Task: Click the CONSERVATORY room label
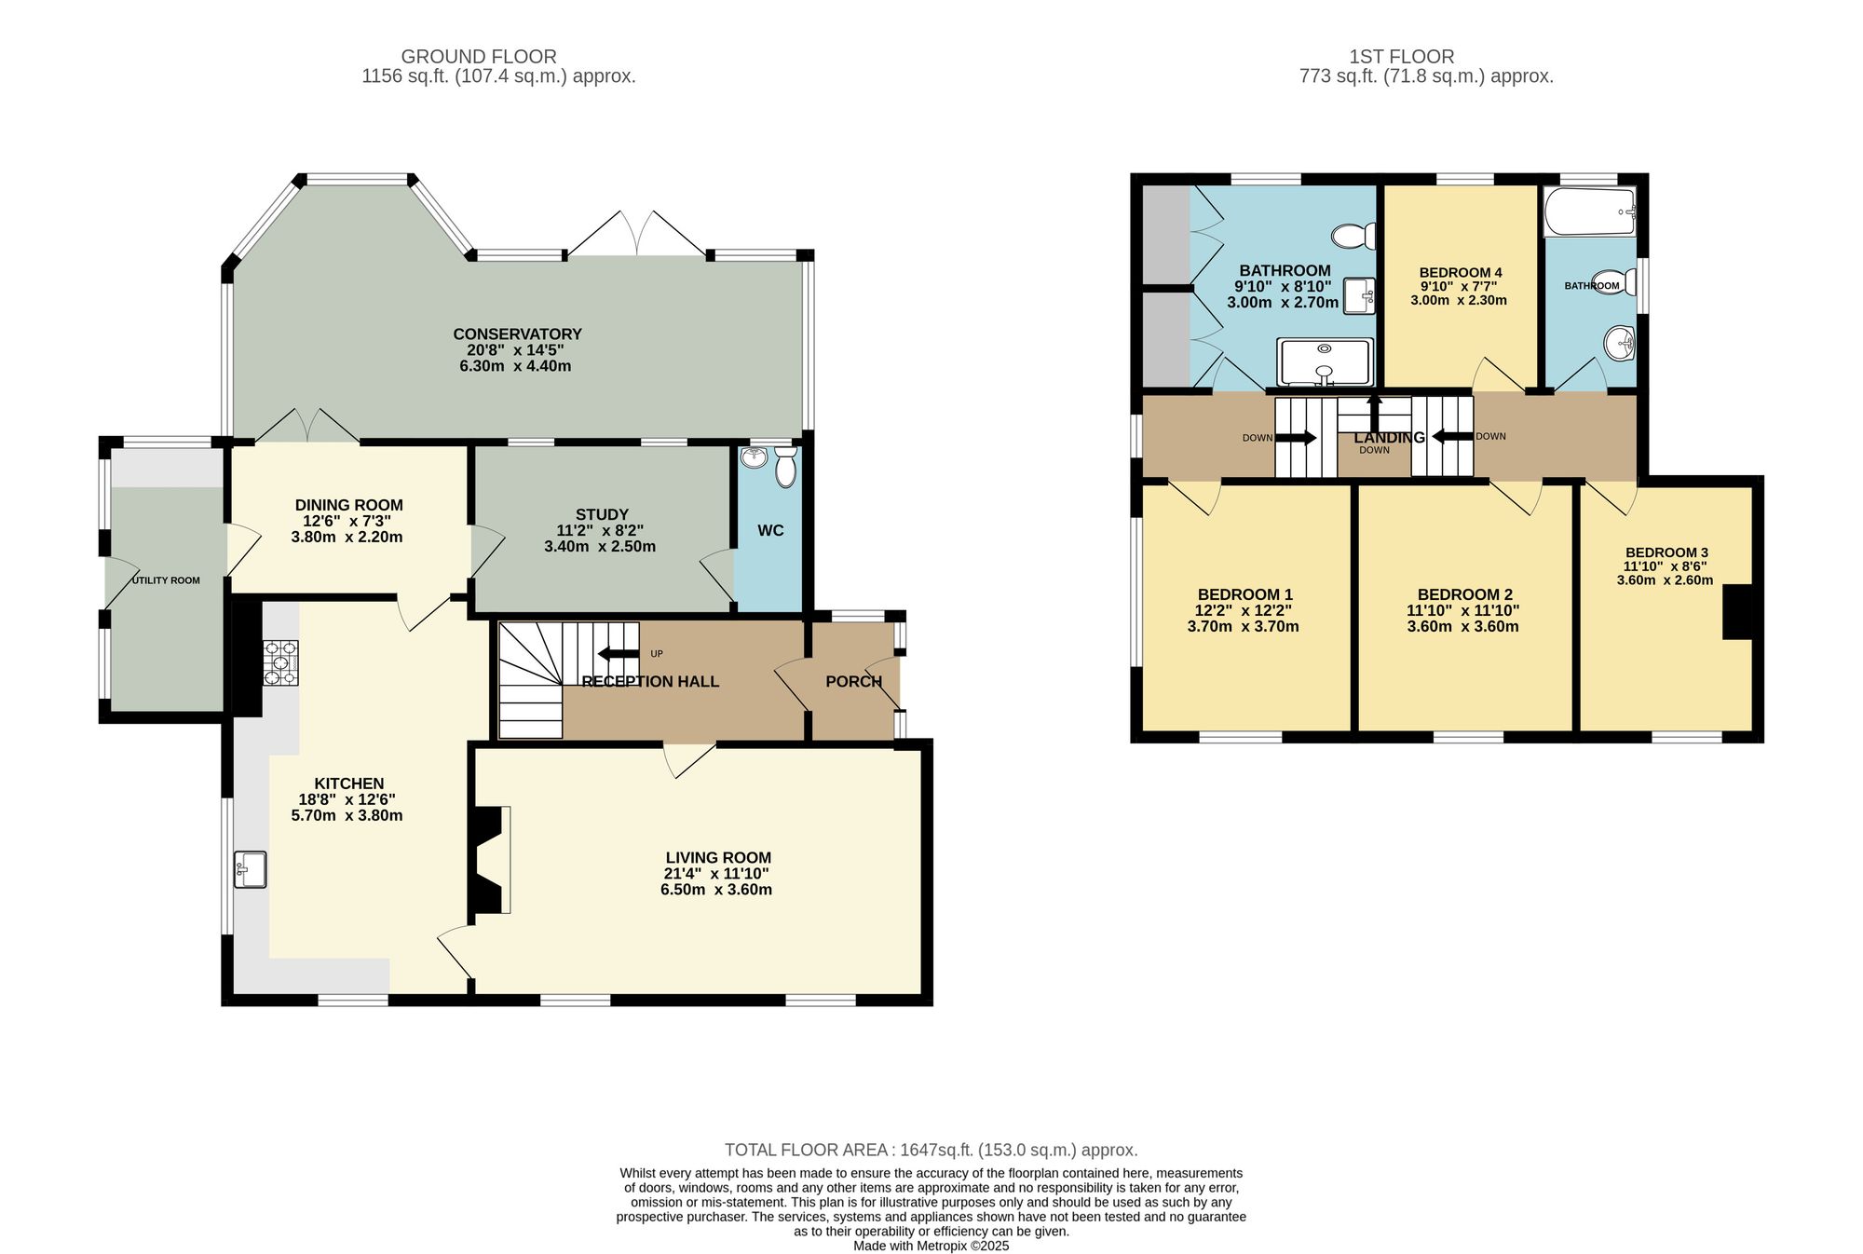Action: [x=517, y=334]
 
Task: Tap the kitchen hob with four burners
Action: [x=280, y=661]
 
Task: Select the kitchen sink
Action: [x=250, y=869]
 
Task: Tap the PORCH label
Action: [x=853, y=682]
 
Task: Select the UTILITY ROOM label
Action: [x=166, y=580]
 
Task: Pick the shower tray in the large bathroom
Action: [x=1325, y=362]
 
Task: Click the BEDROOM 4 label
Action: [x=1460, y=273]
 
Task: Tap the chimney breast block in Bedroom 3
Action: [x=1736, y=611]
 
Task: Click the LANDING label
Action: [x=1389, y=438]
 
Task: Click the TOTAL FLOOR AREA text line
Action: [x=931, y=1151]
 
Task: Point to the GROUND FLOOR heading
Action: [x=479, y=57]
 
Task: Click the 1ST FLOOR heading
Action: [x=1401, y=57]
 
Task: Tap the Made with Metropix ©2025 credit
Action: [x=931, y=1246]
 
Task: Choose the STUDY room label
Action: [x=602, y=514]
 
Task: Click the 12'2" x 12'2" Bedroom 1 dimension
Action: [x=1243, y=611]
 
